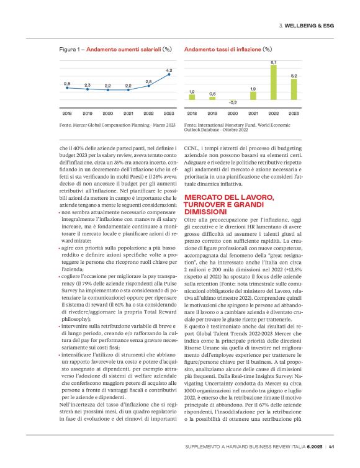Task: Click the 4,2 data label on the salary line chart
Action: click(169, 70)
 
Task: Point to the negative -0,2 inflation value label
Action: click(233, 103)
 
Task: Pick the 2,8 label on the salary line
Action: click(149, 81)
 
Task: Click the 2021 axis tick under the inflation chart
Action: click(253, 114)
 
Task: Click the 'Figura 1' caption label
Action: click(71, 48)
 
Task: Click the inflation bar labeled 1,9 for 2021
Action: click(253, 96)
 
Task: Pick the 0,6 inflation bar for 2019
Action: click(213, 98)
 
